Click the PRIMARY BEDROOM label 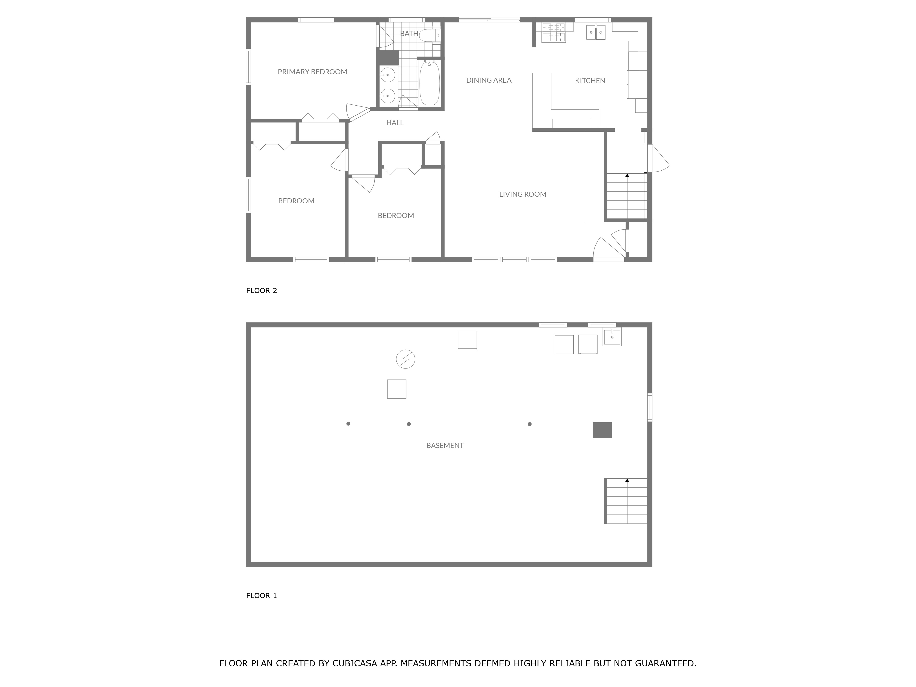312,72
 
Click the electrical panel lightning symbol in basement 405,359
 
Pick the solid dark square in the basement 602,430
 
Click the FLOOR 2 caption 261,291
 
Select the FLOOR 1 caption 261,595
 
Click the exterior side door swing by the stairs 659,159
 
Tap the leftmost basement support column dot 348,424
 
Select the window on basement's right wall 649,407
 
